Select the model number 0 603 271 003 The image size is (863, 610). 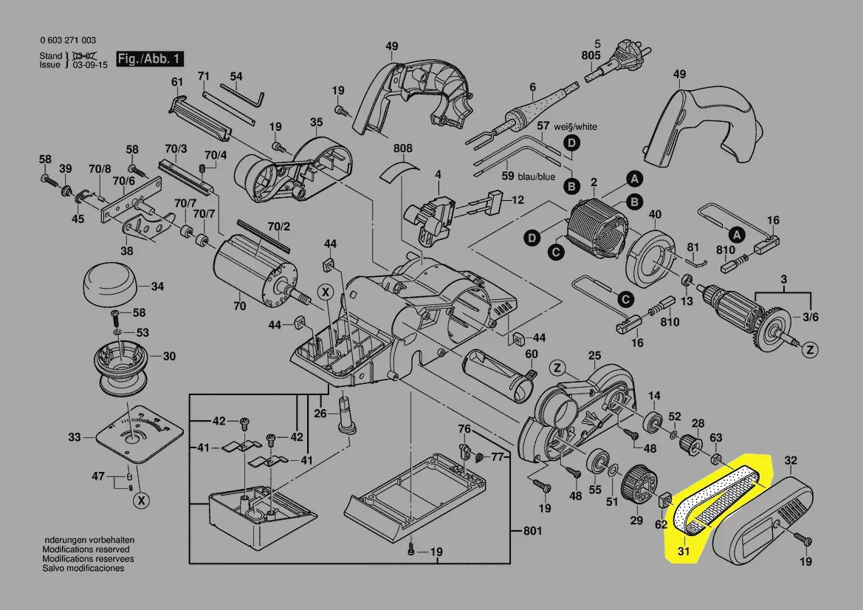[67, 41]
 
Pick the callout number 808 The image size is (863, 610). [402, 148]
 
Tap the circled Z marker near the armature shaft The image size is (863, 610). [810, 349]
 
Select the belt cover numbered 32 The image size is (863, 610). [764, 521]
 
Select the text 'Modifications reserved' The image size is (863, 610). [86, 550]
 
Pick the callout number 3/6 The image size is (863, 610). [810, 317]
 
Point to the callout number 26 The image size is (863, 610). [320, 413]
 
